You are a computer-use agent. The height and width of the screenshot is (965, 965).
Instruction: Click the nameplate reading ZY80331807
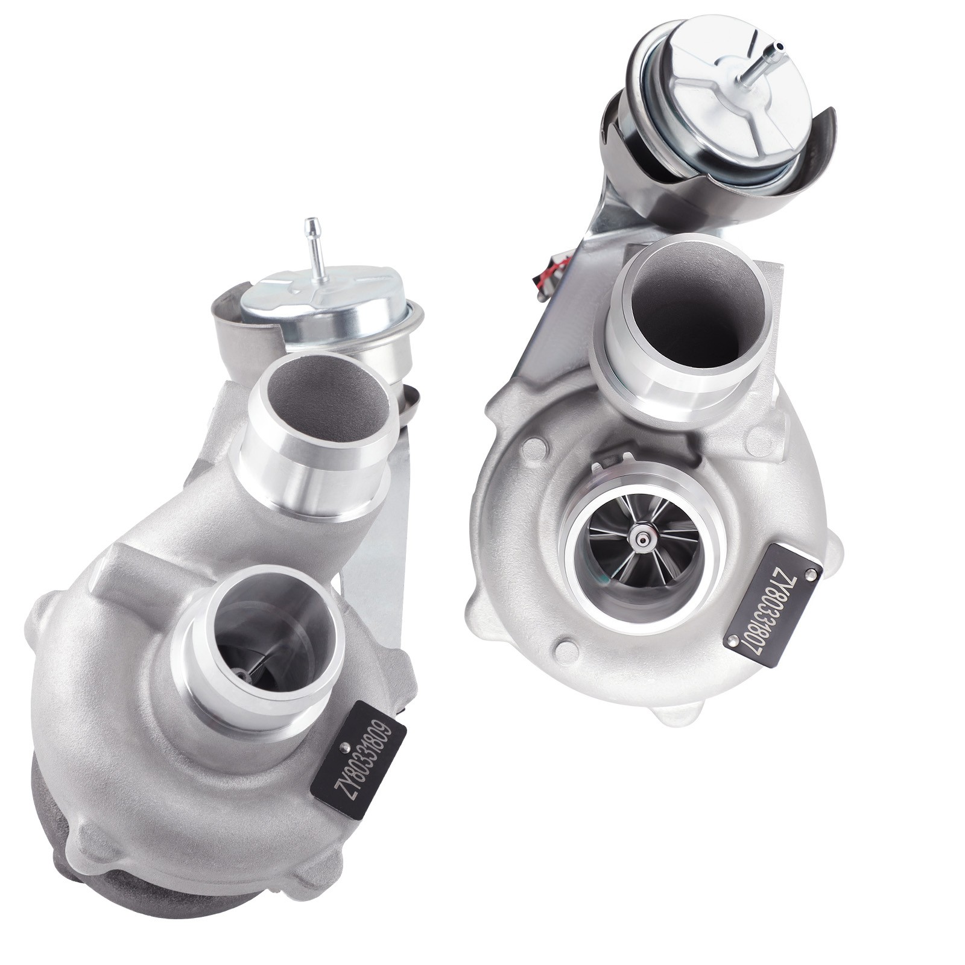[774, 597]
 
